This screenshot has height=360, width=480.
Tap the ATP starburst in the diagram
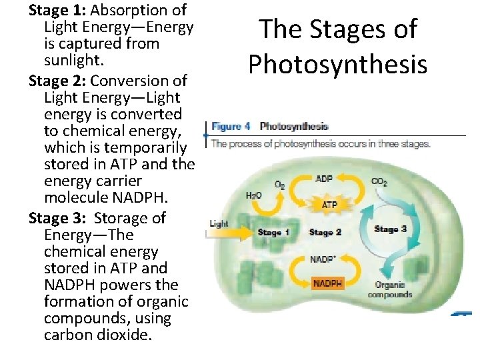pos(329,205)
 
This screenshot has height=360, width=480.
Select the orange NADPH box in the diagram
pos(327,284)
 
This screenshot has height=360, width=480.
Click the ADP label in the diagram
pos(324,179)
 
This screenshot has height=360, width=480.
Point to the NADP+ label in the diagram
pos(323,259)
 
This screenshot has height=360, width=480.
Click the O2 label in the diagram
pos(280,184)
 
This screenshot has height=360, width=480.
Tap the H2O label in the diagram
pos(254,195)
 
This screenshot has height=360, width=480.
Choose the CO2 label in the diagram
pos(379,181)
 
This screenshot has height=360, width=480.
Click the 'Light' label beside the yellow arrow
pos(219,223)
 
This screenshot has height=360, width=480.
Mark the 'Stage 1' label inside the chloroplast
pos(273,233)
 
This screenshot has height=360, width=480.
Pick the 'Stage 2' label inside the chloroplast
pos(325,233)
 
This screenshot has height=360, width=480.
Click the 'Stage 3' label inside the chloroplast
pos(391,229)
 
